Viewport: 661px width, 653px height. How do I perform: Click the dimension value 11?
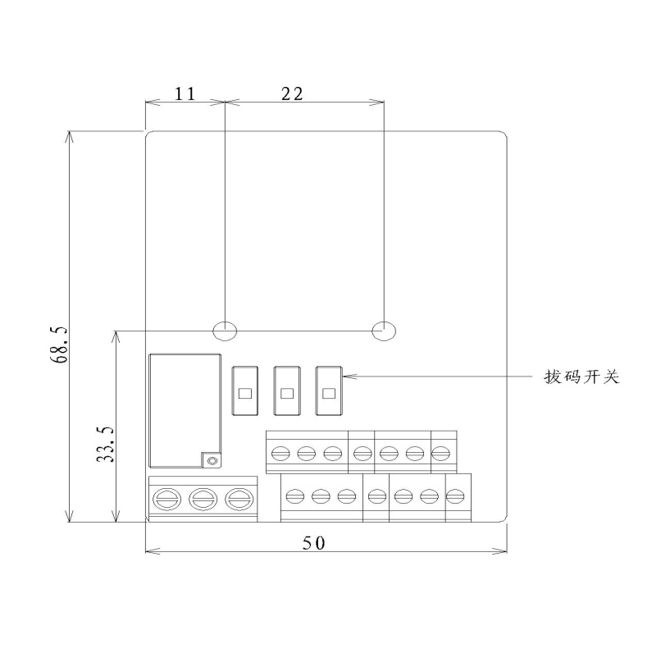pyautogui.click(x=185, y=94)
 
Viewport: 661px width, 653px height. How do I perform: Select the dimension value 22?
pyautogui.click(x=292, y=94)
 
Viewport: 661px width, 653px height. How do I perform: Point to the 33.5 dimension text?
pyautogui.click(x=106, y=445)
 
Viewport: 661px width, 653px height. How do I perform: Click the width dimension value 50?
pyautogui.click(x=314, y=543)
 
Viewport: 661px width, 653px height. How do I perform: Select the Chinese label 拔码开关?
pyautogui.click(x=581, y=377)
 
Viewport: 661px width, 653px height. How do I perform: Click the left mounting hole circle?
pyautogui.click(x=225, y=331)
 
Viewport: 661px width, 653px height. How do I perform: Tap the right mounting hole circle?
pyautogui.click(x=384, y=331)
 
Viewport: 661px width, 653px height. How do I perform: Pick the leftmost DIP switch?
pyautogui.click(x=244, y=390)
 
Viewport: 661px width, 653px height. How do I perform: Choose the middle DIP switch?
pyautogui.click(x=287, y=390)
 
